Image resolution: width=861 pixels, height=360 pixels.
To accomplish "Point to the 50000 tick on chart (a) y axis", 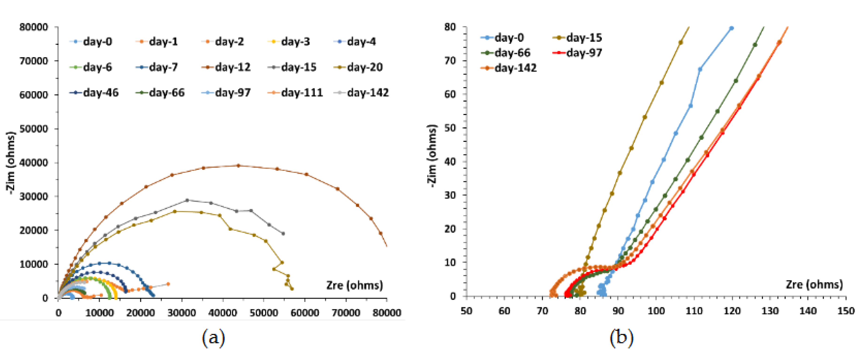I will coord(33,129).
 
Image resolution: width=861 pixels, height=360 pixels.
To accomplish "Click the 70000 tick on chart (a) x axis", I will coord(346,313).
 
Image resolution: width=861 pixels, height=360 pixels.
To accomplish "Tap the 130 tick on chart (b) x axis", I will coord(770,311).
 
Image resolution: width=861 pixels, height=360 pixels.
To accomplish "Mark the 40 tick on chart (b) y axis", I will coord(450,162).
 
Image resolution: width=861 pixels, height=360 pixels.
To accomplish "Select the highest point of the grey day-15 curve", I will coord(187,200).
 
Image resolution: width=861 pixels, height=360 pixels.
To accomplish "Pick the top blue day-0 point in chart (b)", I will coord(731,28).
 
